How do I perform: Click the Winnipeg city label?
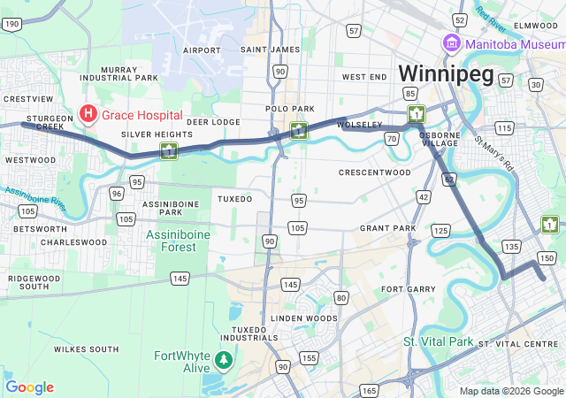tap(445, 74)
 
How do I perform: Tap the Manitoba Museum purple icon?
tap(451, 43)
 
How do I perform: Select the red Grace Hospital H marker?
tap(88, 114)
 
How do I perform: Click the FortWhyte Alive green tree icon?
tap(225, 360)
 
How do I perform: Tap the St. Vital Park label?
tap(439, 341)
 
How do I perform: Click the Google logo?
tap(29, 387)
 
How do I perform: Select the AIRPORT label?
tap(202, 50)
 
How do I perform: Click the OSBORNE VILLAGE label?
tap(440, 137)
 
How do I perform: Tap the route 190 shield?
tap(11, 24)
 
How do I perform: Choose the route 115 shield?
tap(505, 129)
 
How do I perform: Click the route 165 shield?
tap(370, 389)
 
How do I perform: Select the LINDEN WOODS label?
tap(304, 318)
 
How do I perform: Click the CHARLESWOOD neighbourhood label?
tap(73, 242)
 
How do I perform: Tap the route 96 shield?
tap(117, 193)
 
